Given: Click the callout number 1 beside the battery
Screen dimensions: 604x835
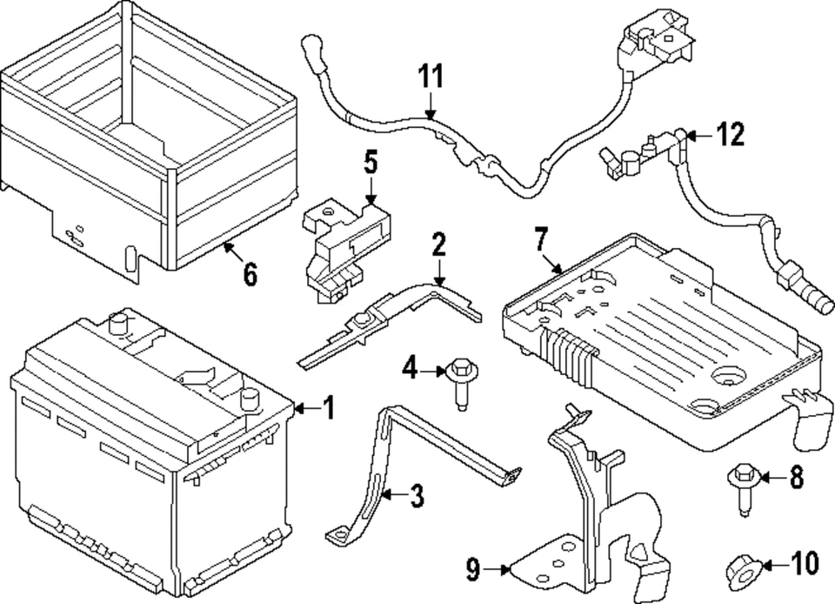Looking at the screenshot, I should pos(327,407).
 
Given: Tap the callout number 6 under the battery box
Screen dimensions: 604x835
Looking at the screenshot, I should pos(250,274).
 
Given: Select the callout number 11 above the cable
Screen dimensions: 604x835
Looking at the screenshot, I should pos(430,77).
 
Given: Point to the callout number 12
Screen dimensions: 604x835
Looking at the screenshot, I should pos(730,134).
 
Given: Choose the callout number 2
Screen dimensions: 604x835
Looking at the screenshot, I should pos(438,245).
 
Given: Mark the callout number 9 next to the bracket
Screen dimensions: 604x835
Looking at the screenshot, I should pos(472,570).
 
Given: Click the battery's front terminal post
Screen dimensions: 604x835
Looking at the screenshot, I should pos(250,399).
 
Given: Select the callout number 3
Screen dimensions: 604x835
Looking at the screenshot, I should pos(417,496).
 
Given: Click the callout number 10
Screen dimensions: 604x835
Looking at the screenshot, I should pos(805,564).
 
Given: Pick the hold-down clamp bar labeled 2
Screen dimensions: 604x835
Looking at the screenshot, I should pos(391,318).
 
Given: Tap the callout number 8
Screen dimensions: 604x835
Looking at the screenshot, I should pos(796,477).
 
